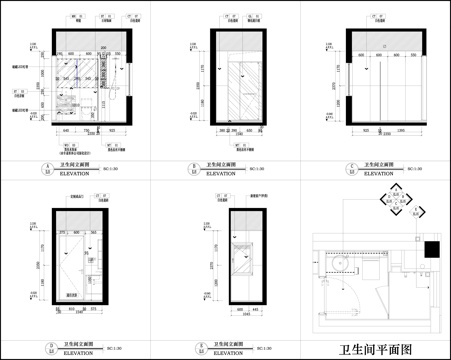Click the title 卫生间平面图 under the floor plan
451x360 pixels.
(375, 349)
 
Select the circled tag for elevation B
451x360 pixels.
(193, 168)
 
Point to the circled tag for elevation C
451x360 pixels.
(340, 168)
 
